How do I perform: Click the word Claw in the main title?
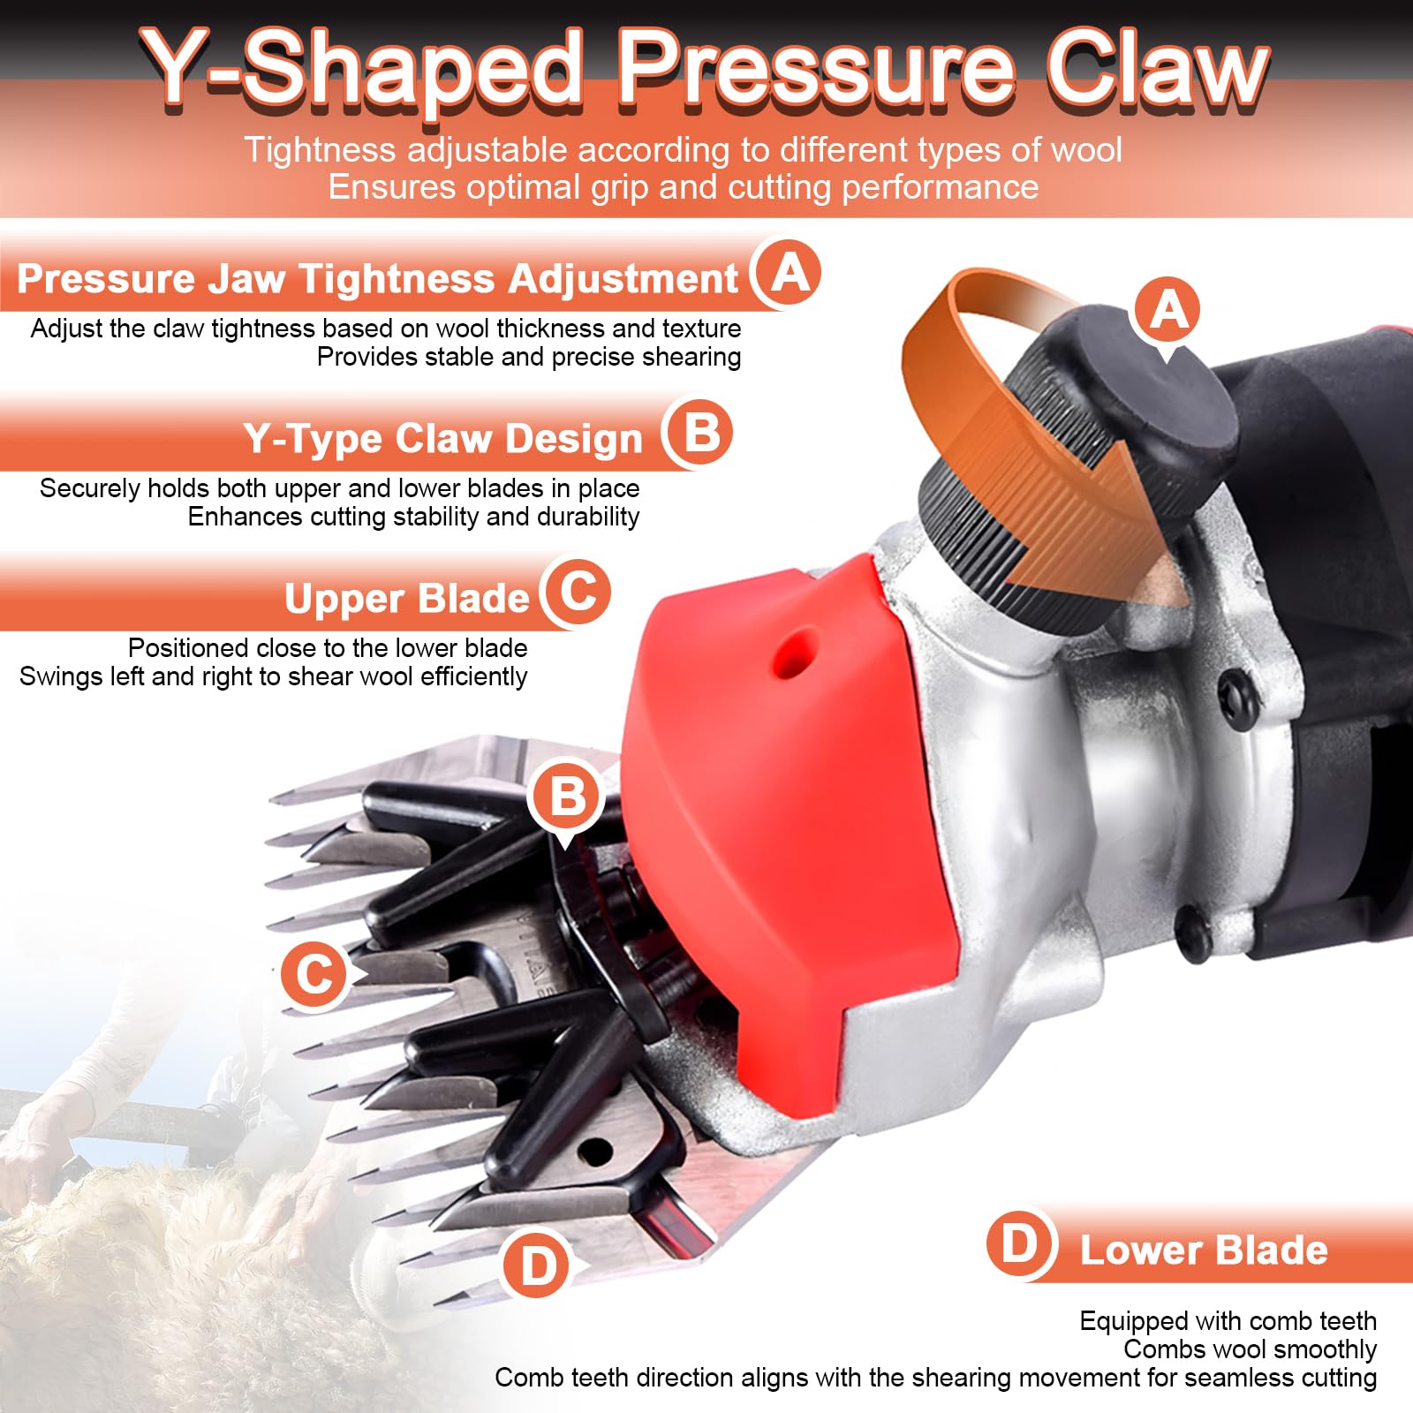click(1157, 69)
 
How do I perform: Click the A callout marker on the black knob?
click(1169, 312)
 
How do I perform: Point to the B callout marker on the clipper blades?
click(565, 797)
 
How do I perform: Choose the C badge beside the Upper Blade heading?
click(577, 592)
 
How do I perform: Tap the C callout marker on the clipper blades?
click(315, 974)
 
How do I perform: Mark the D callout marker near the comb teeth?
click(539, 1266)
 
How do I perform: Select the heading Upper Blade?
click(406, 599)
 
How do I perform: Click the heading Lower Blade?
click(1204, 1251)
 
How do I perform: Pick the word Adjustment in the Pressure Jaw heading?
click(623, 278)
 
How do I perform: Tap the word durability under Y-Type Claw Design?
click(588, 518)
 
